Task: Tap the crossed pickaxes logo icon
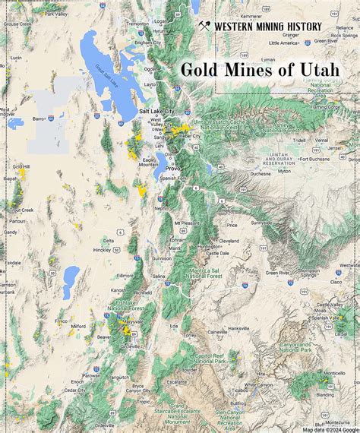(x=204, y=27)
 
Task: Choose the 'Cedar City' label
(x=74, y=390)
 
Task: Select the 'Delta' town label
(x=109, y=241)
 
